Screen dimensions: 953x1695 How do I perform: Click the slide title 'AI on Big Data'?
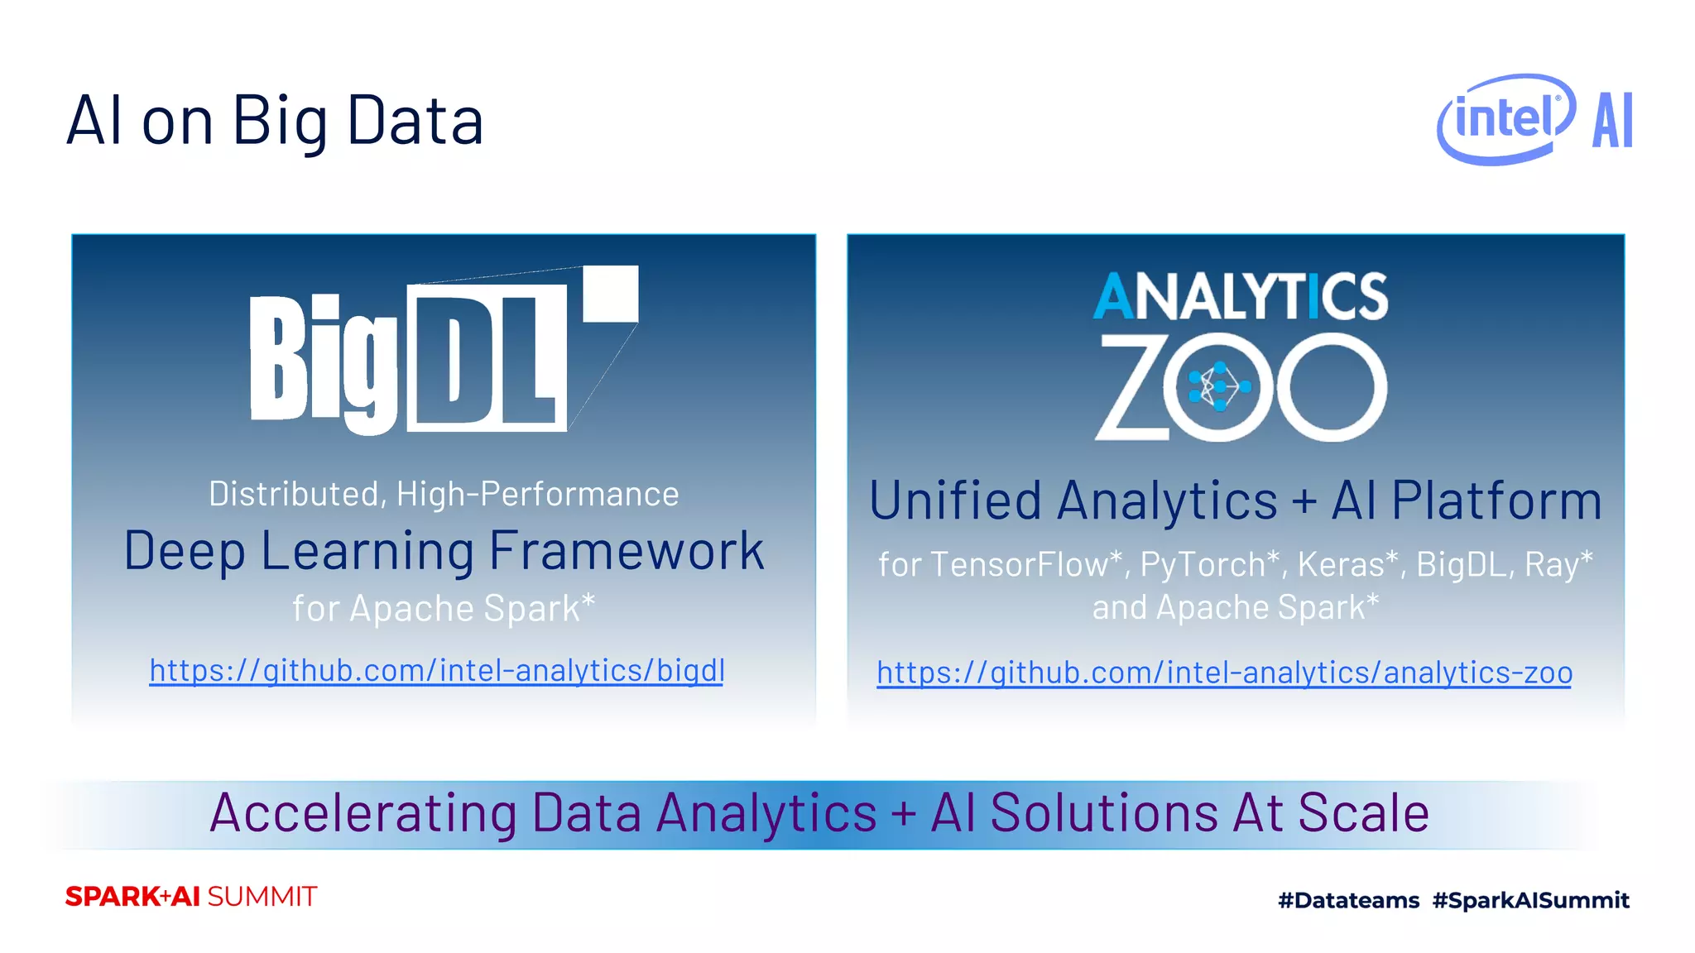tap(274, 121)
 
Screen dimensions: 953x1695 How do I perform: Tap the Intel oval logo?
tap(1505, 119)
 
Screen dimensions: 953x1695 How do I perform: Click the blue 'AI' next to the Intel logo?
tap(1612, 121)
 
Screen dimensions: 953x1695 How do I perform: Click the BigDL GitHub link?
tap(437, 670)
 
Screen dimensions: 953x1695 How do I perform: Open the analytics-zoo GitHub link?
tap(1224, 673)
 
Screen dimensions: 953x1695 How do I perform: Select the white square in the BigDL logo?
tap(611, 293)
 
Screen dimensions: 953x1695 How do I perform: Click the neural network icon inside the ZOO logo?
tap(1219, 386)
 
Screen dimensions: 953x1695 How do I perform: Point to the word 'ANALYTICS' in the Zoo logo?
tap(1240, 296)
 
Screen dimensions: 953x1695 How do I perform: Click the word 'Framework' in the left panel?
tap(627, 551)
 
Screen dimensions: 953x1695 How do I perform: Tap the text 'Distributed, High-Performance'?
tap(444, 494)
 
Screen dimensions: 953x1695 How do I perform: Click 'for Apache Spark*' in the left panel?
tap(444, 608)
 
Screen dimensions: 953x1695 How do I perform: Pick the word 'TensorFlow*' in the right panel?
tap(1026, 564)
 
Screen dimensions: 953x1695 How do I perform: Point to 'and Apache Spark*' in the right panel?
tap(1235, 607)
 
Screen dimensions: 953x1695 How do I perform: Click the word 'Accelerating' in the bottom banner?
tap(363, 813)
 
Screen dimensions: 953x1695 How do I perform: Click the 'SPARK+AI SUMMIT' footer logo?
tap(191, 897)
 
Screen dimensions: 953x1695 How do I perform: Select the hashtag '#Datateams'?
tap(1348, 900)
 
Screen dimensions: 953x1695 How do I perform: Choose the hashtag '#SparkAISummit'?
tap(1530, 900)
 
